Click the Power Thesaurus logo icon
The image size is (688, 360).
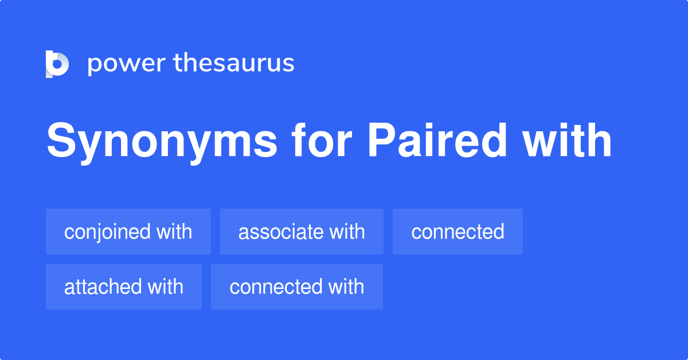(x=57, y=64)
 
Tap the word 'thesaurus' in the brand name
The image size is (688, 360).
(x=234, y=63)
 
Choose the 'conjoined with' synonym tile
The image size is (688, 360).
(x=128, y=232)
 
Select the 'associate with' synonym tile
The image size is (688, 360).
(x=302, y=232)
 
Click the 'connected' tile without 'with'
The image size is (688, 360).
(x=458, y=232)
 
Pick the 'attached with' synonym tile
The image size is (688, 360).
(x=124, y=287)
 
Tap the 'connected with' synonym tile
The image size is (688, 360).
(x=297, y=287)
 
